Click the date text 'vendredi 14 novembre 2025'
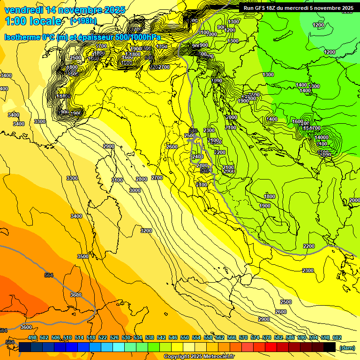(65, 10)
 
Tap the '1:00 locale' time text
(33, 21)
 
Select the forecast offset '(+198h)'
(83, 21)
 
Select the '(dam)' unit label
(347, 348)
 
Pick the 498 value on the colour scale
(32, 337)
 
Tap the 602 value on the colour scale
(337, 337)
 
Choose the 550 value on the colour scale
(185, 337)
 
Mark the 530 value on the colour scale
(126, 337)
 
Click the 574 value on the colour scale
(255, 337)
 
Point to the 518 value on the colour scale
(91, 337)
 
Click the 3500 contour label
(83, 256)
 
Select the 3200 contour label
(146, 231)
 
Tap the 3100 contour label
(117, 180)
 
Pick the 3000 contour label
(135, 190)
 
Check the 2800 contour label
(142, 180)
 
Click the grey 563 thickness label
(9, 343)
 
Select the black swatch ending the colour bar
(330, 347)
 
